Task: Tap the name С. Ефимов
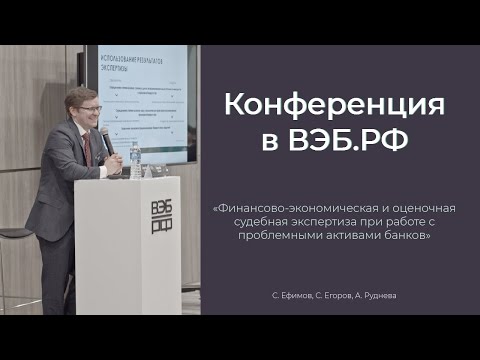click(x=291, y=296)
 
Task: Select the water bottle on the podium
click(x=135, y=159)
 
